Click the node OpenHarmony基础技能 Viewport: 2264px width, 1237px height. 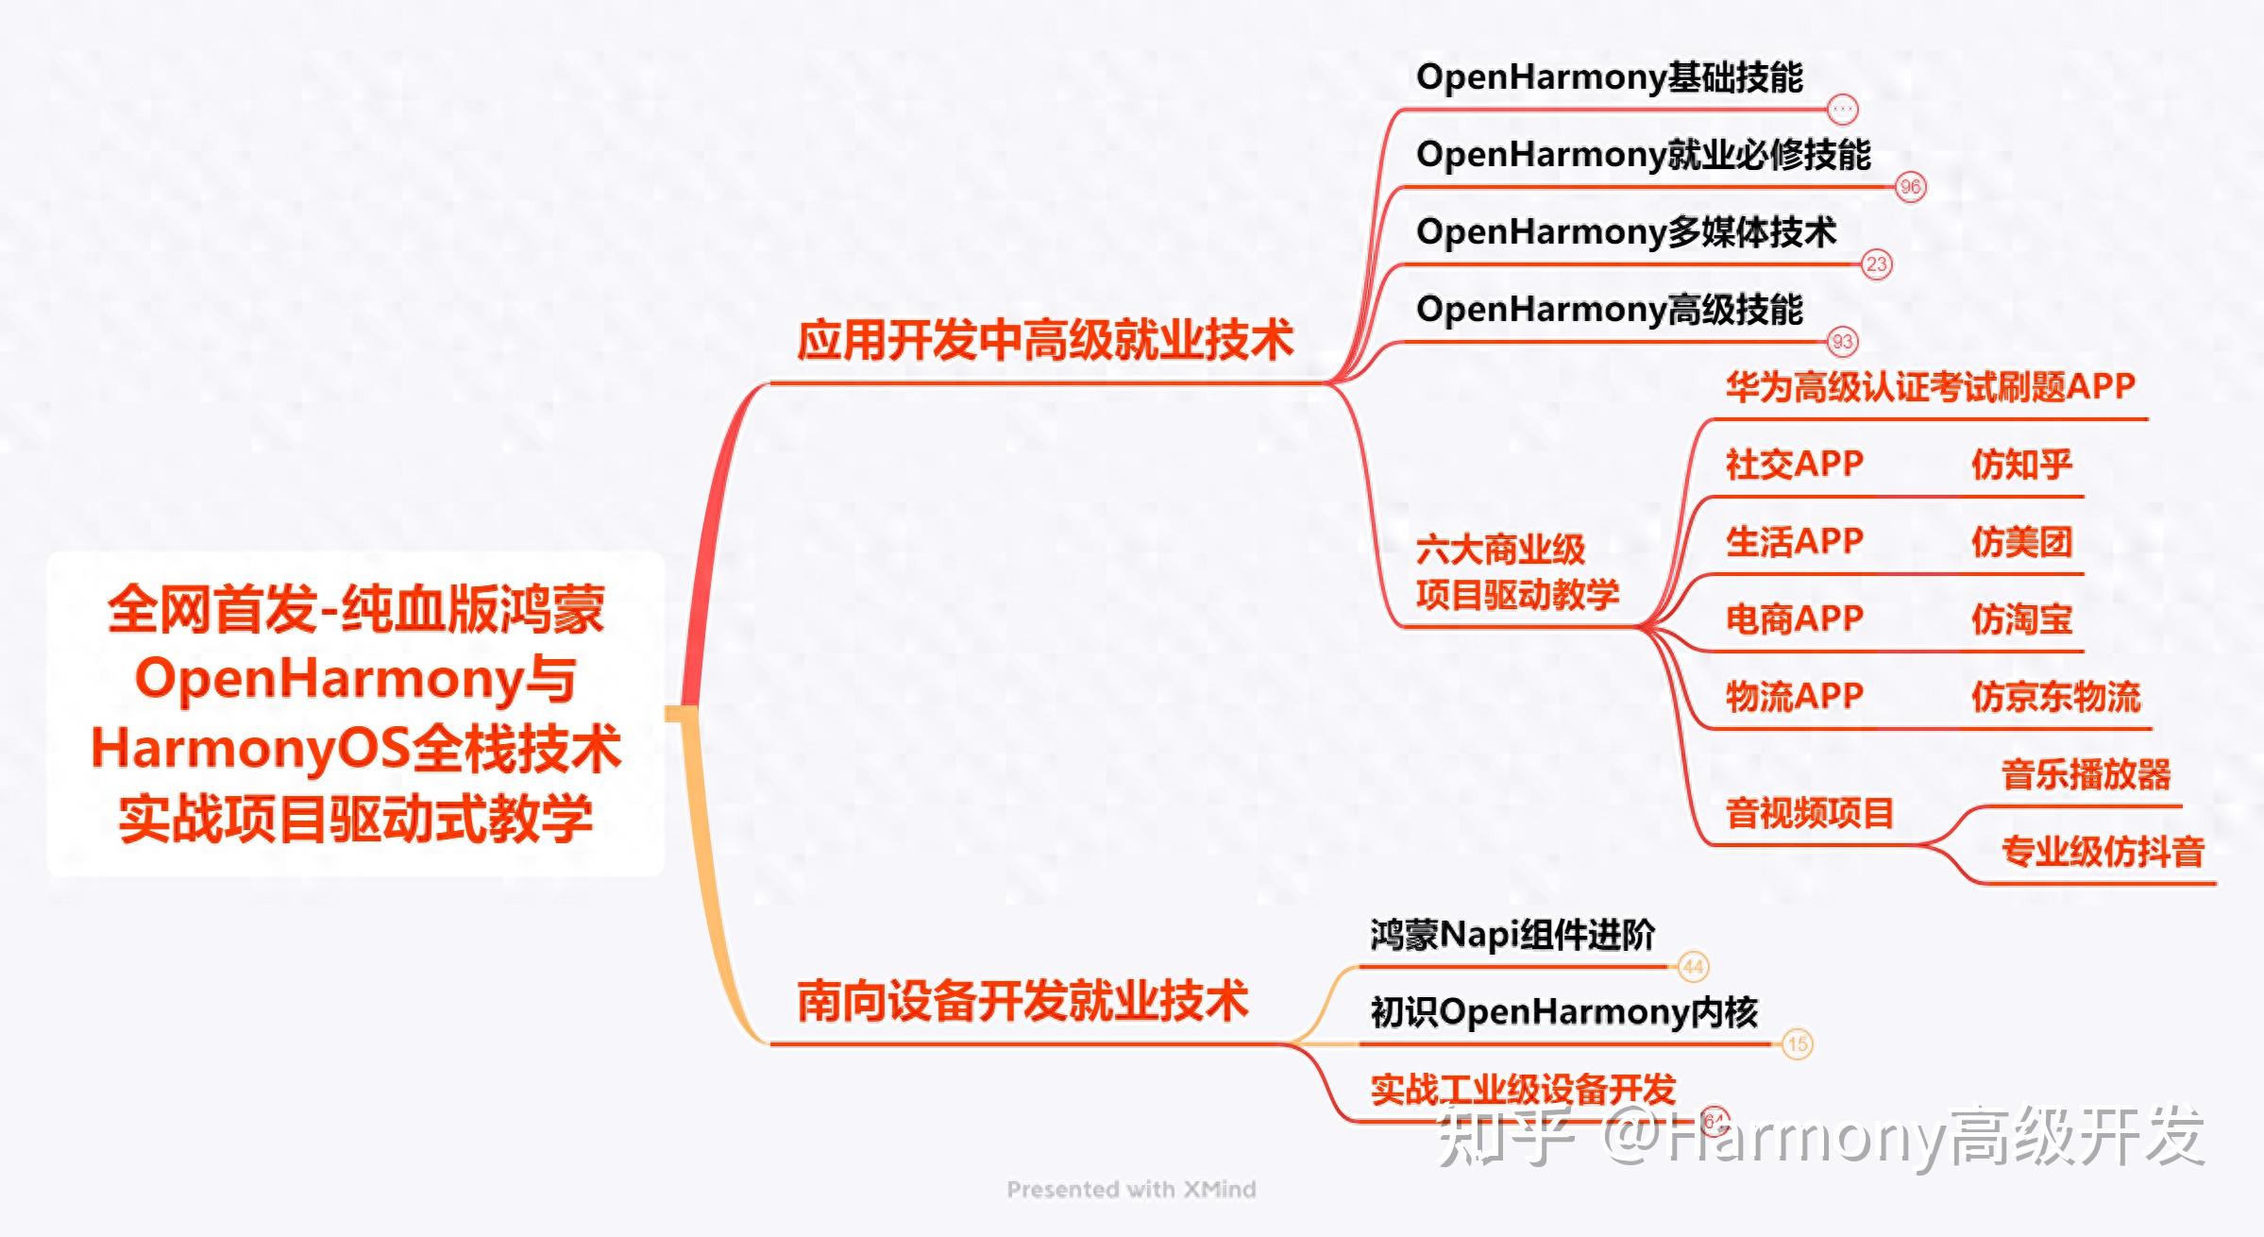click(x=1609, y=77)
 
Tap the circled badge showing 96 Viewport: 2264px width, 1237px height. click(x=1910, y=187)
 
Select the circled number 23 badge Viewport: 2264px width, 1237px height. click(x=1876, y=264)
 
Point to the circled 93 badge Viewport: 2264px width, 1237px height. click(x=1842, y=342)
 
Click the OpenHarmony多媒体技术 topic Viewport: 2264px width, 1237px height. click(x=1626, y=232)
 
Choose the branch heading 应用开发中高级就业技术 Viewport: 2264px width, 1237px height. click(x=1044, y=340)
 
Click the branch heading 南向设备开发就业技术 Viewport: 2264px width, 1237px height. click(x=1022, y=1001)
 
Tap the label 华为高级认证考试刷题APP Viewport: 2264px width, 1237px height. click(x=1930, y=387)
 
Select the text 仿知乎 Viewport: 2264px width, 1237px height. click(x=2021, y=465)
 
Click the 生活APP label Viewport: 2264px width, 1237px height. click(x=1794, y=542)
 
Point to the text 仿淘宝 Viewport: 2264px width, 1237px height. click(x=2021, y=619)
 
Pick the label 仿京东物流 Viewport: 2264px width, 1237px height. click(x=2055, y=697)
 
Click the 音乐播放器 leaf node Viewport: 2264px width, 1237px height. click(x=2086, y=774)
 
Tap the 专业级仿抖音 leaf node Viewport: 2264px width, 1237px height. click(x=2103, y=852)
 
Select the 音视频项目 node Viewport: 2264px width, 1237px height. click(x=1809, y=813)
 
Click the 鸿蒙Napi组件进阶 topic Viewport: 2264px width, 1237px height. click(x=1512, y=935)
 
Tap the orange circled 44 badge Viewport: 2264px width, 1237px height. click(x=1693, y=967)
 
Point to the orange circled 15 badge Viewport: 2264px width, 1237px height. click(x=1798, y=1044)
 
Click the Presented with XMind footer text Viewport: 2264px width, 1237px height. click(x=1131, y=1190)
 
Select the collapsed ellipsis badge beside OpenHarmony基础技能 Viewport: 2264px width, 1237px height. click(x=1842, y=110)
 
